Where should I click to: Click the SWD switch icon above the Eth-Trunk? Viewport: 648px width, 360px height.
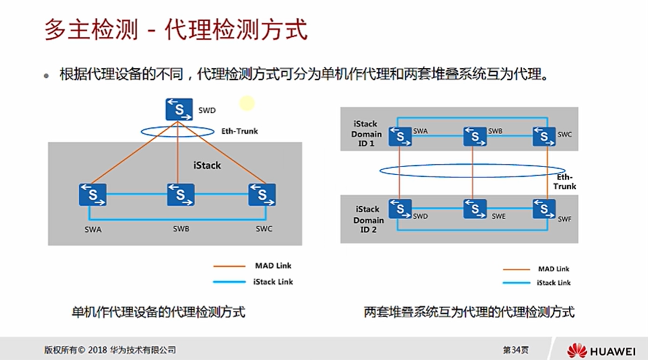point(179,110)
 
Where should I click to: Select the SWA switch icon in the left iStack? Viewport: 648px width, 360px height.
point(92,195)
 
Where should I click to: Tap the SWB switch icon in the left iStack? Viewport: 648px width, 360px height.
point(181,195)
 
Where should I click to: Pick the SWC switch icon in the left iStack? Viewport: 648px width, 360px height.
point(262,195)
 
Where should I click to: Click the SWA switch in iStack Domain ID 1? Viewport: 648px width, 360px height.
point(400,137)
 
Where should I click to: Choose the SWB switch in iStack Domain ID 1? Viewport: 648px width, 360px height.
point(475,137)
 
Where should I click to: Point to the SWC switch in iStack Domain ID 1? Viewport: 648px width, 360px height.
point(544,137)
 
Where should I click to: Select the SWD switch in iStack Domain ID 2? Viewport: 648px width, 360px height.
point(400,209)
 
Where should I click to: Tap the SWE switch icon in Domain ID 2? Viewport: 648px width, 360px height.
point(475,209)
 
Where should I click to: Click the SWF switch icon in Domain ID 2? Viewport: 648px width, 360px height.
point(544,209)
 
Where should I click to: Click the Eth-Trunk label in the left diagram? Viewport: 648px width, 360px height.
point(240,131)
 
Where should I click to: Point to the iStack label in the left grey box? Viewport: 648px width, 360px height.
point(207,165)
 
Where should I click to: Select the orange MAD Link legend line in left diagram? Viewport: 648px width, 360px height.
point(230,266)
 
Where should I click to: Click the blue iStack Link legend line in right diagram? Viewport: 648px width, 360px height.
point(516,283)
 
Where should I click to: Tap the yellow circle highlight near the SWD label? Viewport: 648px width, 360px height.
point(247,103)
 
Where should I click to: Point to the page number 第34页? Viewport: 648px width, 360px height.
point(516,350)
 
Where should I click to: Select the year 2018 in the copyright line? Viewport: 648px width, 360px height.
point(98,350)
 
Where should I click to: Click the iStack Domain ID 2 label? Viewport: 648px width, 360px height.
point(368,219)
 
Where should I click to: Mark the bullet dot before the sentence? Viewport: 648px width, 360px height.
point(46,76)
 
